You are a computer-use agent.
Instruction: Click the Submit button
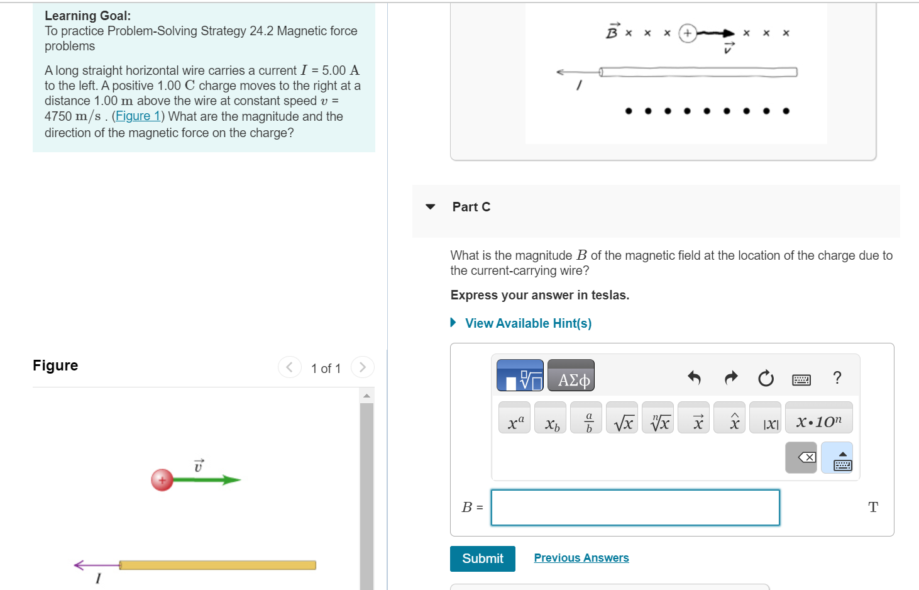(x=482, y=559)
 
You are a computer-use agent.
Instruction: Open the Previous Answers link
(x=581, y=558)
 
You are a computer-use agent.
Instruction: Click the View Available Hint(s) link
(x=527, y=323)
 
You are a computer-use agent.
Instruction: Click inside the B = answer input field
(x=635, y=508)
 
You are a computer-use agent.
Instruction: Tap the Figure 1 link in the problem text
(x=138, y=116)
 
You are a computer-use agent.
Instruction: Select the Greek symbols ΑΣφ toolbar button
(x=571, y=376)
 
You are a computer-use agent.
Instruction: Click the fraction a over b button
(x=588, y=418)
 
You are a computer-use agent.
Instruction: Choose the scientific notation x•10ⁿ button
(x=818, y=418)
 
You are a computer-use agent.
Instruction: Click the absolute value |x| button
(x=770, y=418)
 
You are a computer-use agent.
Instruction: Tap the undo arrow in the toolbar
(x=695, y=378)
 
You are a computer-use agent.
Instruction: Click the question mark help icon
(x=837, y=377)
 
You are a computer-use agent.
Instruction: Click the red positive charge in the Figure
(x=162, y=480)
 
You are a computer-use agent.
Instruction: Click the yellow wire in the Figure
(x=217, y=565)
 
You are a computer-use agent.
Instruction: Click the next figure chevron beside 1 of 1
(x=362, y=367)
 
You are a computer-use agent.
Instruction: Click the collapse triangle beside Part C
(x=431, y=207)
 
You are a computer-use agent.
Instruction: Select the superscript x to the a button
(x=515, y=418)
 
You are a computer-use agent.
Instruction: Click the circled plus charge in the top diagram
(x=688, y=33)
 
